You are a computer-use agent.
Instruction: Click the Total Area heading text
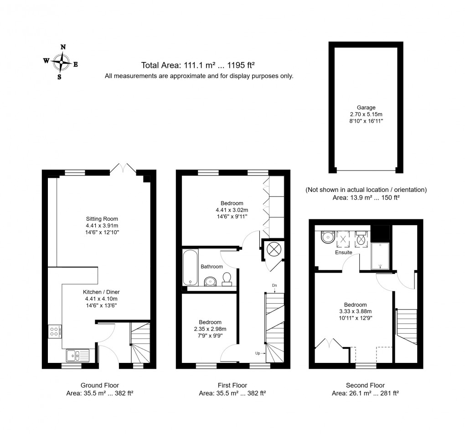point(198,66)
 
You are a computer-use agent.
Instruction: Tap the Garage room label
point(366,108)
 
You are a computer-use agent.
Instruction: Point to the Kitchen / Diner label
point(101,292)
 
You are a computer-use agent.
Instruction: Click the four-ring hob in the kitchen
point(55,331)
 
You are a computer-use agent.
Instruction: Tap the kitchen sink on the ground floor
point(77,354)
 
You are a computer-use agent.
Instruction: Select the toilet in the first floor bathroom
point(227,279)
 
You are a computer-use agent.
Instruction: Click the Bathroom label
point(212,267)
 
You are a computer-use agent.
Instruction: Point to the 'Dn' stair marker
point(274,285)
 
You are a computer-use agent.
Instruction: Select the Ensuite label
point(343,252)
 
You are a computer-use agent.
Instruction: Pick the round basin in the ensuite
point(326,237)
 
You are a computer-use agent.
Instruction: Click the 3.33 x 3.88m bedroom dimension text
point(355,312)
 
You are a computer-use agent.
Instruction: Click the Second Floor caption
point(365,385)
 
